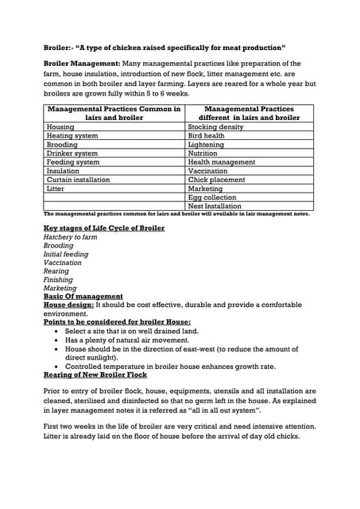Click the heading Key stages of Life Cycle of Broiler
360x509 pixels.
pos(103,228)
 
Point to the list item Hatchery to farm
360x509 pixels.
pos(70,237)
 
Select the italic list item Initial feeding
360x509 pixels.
pos(66,254)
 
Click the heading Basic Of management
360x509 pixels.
pos(83,297)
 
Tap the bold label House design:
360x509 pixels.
pos(68,305)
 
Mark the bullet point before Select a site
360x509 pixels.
pos(56,332)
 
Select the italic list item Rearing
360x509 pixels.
pos(56,271)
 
